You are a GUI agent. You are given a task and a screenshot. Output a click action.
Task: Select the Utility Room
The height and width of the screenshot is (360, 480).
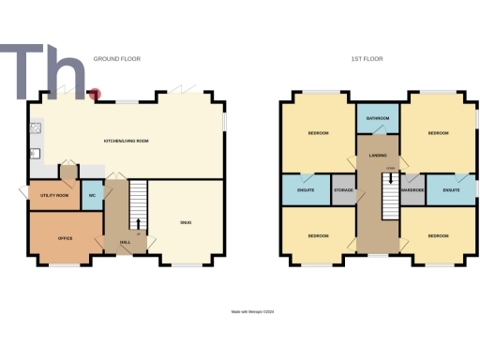click(55, 195)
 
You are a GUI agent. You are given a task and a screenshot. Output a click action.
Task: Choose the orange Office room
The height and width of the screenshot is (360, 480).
click(65, 236)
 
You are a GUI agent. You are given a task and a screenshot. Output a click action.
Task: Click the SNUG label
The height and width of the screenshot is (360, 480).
click(186, 221)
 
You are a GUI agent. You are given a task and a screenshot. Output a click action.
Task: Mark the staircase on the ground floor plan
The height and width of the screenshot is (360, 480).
click(138, 201)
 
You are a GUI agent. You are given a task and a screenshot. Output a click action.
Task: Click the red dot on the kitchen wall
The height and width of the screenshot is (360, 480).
click(94, 94)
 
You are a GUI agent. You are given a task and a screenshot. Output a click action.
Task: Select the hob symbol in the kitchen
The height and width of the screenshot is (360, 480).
click(36, 127)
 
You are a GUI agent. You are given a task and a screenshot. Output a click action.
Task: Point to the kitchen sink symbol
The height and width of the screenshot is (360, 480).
click(34, 153)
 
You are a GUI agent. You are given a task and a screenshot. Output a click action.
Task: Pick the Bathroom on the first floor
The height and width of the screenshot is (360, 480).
click(378, 119)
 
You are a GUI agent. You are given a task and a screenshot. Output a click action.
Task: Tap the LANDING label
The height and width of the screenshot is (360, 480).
click(378, 155)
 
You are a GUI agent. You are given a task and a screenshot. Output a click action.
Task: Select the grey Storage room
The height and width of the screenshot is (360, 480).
click(344, 190)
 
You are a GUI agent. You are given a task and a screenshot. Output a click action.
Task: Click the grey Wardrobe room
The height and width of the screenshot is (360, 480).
click(412, 190)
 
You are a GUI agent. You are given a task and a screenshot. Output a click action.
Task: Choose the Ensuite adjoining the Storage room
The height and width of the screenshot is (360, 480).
click(306, 190)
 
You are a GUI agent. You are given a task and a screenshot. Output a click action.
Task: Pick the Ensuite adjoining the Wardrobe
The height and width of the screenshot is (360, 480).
click(451, 190)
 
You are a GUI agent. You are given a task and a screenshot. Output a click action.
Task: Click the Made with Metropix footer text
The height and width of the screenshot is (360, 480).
click(253, 312)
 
